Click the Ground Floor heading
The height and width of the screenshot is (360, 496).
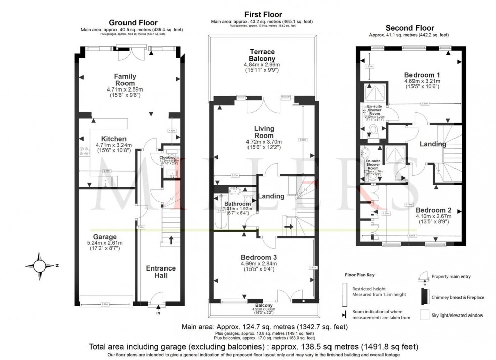point(134,22)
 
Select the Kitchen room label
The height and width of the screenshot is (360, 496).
point(113,139)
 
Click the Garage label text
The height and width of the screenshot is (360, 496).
point(105,237)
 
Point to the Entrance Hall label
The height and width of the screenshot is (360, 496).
point(160,272)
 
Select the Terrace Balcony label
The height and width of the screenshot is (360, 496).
point(262,55)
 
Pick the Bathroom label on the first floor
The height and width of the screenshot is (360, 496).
point(237,204)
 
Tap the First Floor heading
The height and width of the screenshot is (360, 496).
point(263,14)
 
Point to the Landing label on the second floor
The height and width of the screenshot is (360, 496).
point(433,144)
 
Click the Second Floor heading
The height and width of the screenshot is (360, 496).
point(409,27)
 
